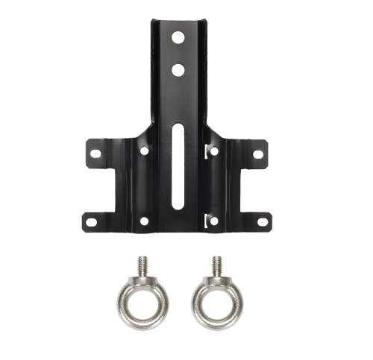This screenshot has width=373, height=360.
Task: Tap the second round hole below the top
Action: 176,70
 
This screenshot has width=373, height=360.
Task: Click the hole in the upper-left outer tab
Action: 95,154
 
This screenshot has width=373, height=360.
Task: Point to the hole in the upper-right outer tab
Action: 257,154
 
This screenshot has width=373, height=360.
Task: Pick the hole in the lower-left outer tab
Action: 90,221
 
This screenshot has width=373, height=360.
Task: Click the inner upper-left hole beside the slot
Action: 144,151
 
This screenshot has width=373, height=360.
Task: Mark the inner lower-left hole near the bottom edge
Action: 144,220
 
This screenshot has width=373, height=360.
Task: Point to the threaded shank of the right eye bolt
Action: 216,267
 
